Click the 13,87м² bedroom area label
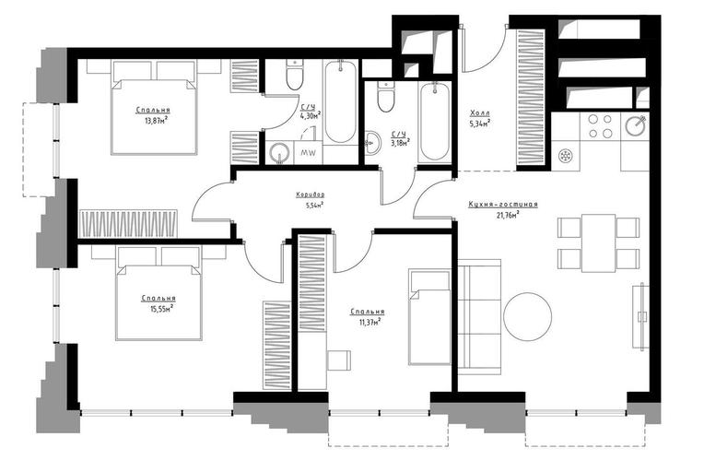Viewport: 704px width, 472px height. pyautogui.click(x=154, y=120)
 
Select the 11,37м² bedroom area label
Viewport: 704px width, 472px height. pyautogui.click(x=369, y=321)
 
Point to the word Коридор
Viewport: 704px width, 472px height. pyautogui.click(x=311, y=195)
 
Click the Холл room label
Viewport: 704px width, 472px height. pyautogui.click(x=480, y=112)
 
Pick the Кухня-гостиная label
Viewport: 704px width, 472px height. pyautogui.click(x=503, y=205)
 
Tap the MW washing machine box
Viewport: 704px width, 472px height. pyautogui.click(x=308, y=153)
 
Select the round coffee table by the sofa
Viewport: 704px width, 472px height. pyautogui.click(x=528, y=317)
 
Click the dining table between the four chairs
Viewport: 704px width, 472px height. pyautogui.click(x=598, y=243)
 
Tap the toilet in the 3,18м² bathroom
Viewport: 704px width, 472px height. pyautogui.click(x=385, y=97)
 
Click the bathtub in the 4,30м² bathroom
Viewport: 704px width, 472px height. pyautogui.click(x=340, y=102)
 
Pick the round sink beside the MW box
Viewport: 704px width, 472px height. pyautogui.click(x=280, y=153)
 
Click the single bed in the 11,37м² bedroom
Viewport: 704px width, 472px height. pyautogui.click(x=429, y=317)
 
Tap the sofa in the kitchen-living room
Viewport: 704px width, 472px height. pyautogui.click(x=479, y=317)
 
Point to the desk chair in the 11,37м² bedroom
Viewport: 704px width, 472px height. pyautogui.click(x=338, y=360)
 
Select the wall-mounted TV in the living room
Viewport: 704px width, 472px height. pyautogui.click(x=641, y=315)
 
